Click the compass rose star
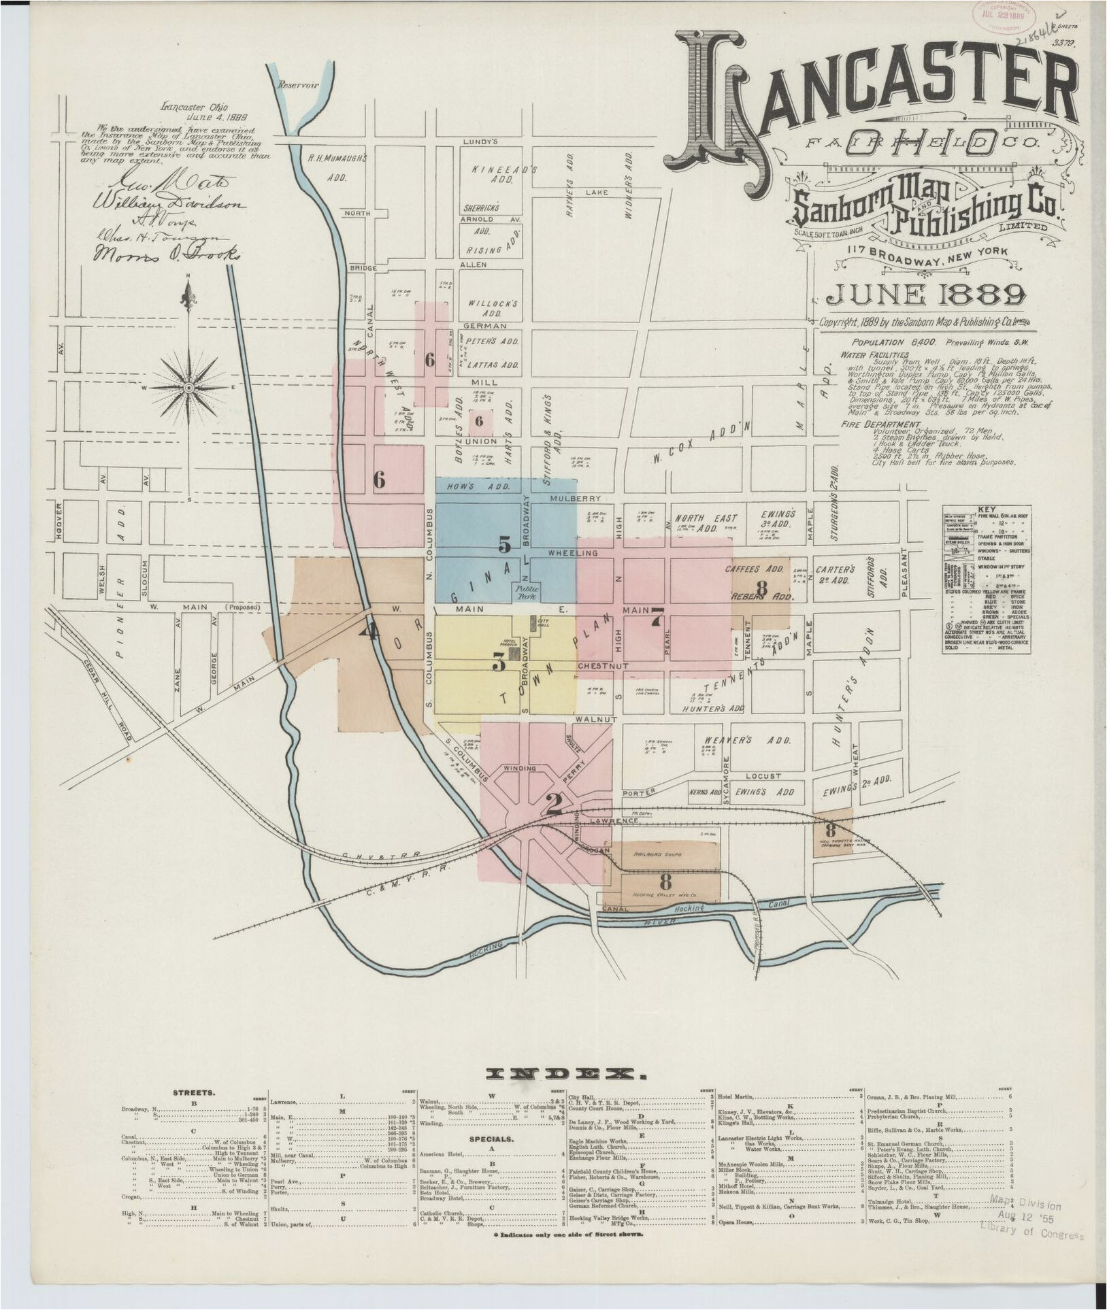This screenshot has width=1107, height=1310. [190, 387]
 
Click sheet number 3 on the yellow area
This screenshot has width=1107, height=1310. [499, 660]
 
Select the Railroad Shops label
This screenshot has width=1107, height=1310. [657, 854]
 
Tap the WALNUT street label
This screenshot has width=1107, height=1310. [595, 718]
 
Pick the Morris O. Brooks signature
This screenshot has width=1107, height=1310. [167, 253]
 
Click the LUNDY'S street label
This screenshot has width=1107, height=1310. [480, 141]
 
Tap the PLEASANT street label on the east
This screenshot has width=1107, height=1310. [904, 572]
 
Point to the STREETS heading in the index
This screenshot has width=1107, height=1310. [194, 1093]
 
